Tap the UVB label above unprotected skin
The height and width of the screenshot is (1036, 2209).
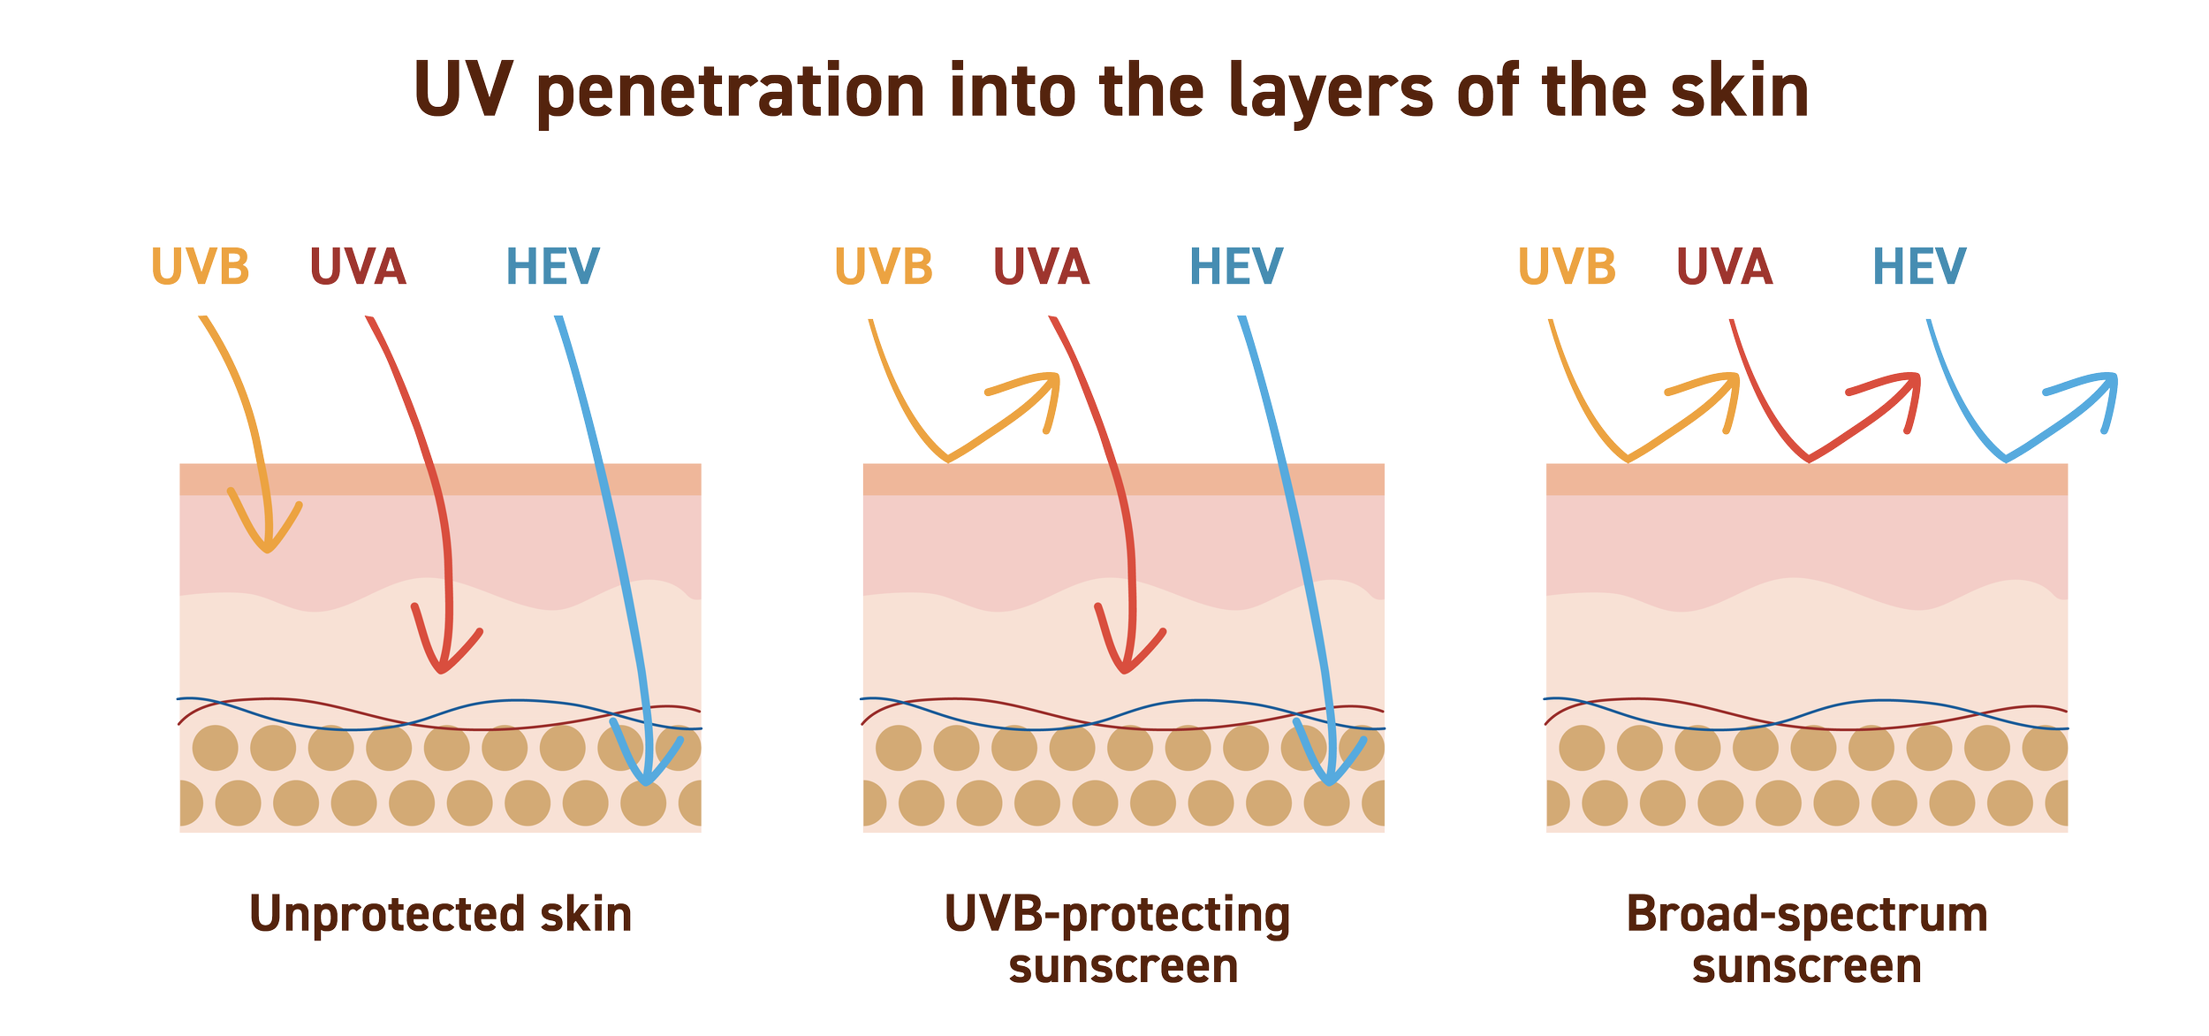tap(201, 266)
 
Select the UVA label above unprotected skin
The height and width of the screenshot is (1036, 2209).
tap(358, 266)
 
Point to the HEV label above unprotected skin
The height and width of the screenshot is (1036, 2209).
tap(553, 266)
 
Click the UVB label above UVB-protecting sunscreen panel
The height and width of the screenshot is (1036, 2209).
tap(884, 266)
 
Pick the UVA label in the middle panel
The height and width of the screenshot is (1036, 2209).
tap(1042, 266)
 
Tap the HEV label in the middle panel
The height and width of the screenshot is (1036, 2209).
tap(1236, 266)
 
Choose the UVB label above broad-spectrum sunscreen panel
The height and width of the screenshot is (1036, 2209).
tap(1567, 266)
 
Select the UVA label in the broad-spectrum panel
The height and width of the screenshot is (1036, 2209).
tap(1725, 266)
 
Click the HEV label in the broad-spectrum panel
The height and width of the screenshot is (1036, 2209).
tap(1919, 266)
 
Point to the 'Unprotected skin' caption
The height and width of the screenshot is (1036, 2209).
tap(441, 915)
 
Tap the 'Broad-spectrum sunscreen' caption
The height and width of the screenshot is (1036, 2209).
tap(1807, 941)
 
